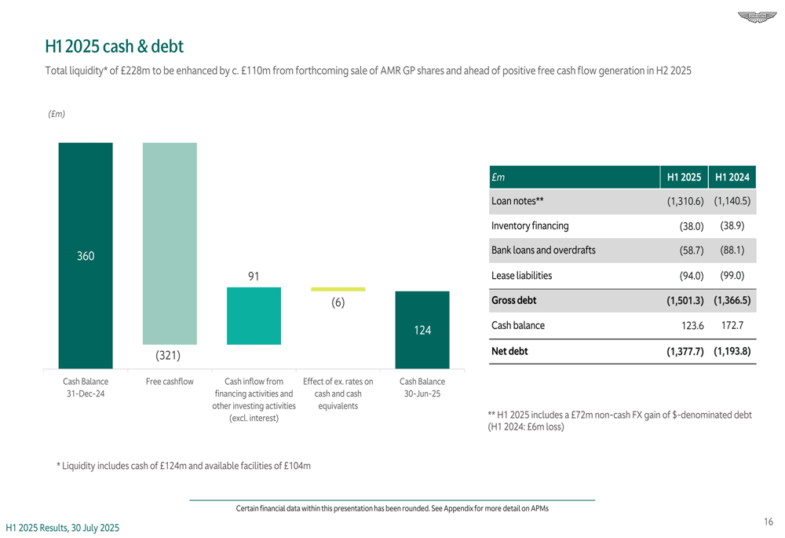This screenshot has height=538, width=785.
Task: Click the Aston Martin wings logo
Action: tap(755, 16)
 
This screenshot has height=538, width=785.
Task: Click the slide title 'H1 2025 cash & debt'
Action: tap(115, 47)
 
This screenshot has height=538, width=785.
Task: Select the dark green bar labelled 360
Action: tap(86, 255)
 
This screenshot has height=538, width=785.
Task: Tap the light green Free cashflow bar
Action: tap(170, 243)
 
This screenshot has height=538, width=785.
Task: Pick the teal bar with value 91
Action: tap(254, 316)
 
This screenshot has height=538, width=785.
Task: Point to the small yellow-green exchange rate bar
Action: tap(338, 289)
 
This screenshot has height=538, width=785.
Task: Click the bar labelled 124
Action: tap(422, 330)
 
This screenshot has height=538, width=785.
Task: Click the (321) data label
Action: tap(168, 356)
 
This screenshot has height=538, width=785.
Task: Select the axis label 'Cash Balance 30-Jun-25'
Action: tap(422, 387)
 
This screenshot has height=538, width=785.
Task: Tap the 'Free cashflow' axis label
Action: tap(170, 382)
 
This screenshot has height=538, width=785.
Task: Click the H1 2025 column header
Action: tap(683, 178)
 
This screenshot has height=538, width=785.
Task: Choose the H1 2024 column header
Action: tap(732, 178)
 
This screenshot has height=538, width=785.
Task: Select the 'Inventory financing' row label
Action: tap(530, 226)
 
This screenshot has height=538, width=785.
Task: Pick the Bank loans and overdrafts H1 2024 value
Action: tap(732, 251)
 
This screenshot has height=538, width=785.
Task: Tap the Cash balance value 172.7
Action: tap(732, 325)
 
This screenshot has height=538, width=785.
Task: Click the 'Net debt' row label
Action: tap(509, 351)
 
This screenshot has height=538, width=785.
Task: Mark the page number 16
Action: tap(768, 522)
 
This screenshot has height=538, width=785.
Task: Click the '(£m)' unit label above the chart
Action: tap(57, 115)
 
